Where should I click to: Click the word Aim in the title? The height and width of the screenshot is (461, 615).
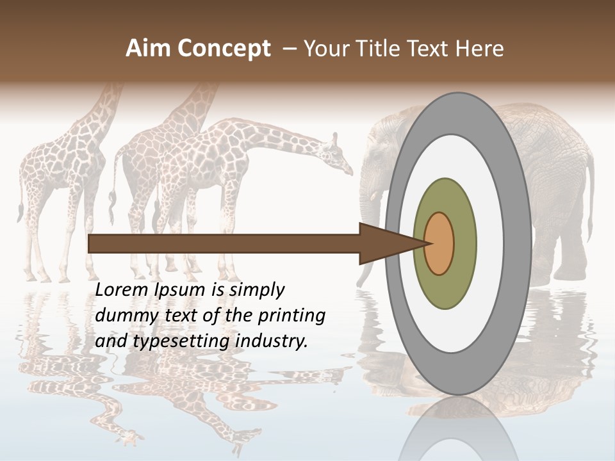(148, 49)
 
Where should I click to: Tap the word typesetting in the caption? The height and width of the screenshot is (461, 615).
(183, 341)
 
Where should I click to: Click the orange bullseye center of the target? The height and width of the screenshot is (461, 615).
(439, 243)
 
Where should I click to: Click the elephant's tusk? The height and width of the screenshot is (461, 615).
(374, 195)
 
